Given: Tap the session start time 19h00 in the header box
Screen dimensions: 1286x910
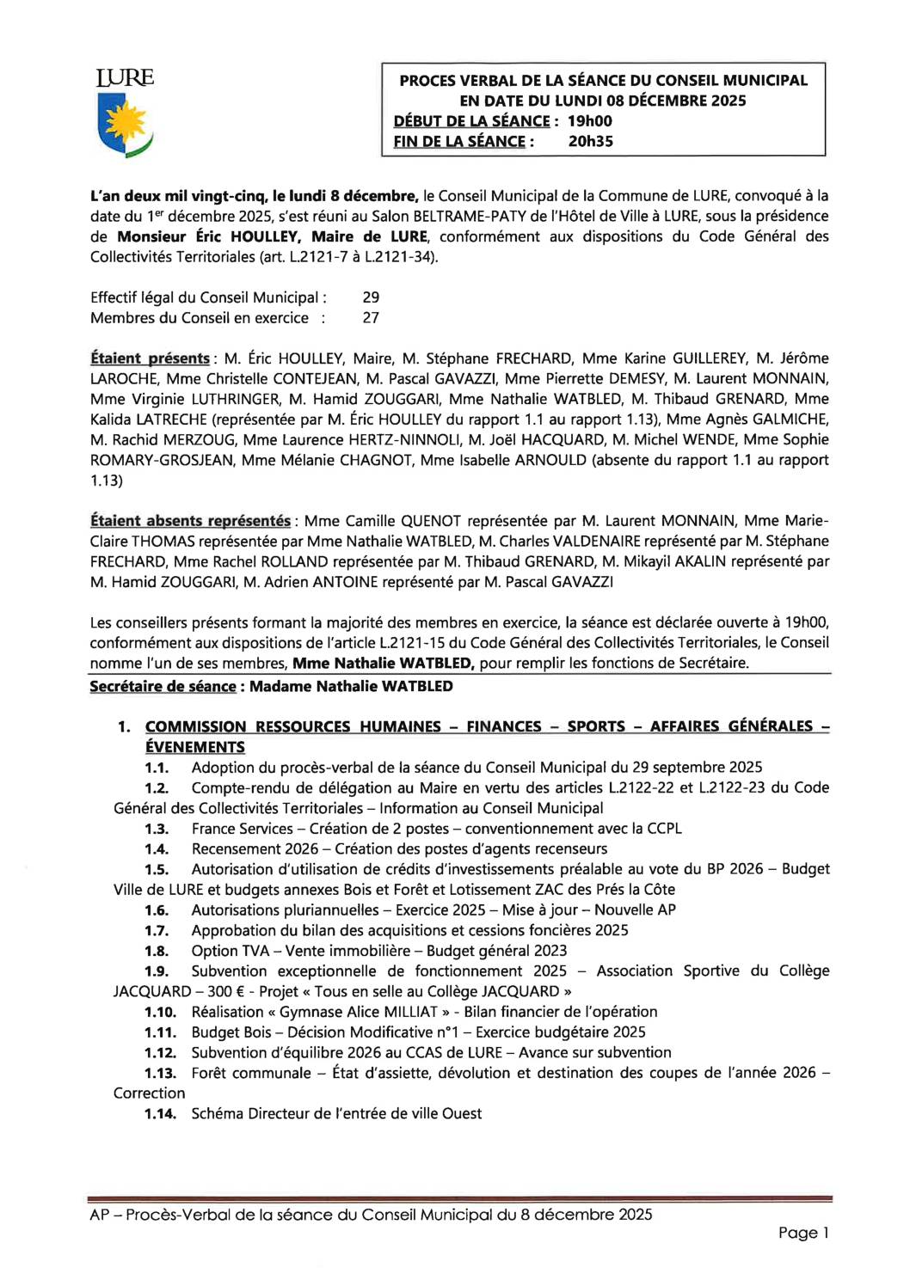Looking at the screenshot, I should click(590, 121).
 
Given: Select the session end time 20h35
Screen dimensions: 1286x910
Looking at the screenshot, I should click(591, 142).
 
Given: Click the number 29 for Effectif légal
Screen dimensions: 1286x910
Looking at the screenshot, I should click(371, 297).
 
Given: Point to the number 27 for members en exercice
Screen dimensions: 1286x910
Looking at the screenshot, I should click(371, 318).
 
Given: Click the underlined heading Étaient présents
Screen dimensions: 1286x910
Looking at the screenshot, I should click(150, 358).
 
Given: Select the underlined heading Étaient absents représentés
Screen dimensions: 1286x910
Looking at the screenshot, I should click(190, 521).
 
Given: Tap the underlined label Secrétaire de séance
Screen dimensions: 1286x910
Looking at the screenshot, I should click(163, 687).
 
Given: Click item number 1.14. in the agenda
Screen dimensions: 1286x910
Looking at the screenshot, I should click(160, 1114).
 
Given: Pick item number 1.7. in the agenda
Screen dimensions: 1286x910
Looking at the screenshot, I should click(157, 931).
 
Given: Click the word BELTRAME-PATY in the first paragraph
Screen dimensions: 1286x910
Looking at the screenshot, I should click(462, 217).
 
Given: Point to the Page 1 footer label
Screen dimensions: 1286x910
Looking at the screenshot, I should click(803, 1233).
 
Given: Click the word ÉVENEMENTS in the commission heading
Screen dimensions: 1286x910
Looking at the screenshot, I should click(195, 748).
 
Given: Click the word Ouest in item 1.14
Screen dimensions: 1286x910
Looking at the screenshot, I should click(462, 1114).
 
